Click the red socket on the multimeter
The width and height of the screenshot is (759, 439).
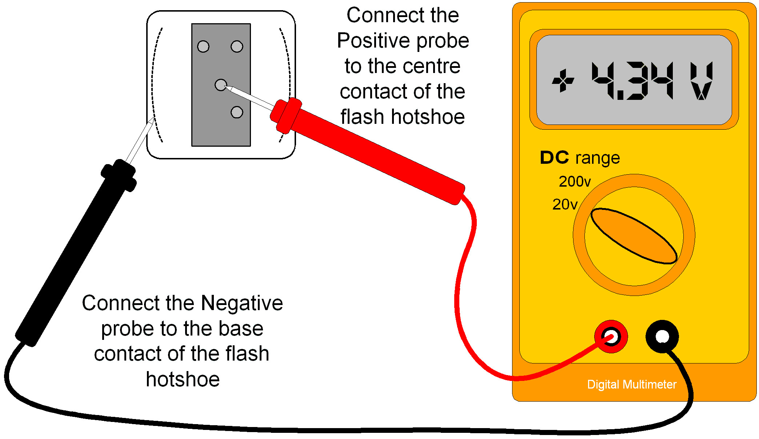point(611,337)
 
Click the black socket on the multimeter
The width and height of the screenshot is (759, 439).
point(662,337)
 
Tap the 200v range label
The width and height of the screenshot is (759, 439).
point(575,181)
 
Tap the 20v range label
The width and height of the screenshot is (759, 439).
point(565,204)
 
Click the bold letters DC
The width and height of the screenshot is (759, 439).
point(554,158)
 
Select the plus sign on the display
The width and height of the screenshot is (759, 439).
point(563,81)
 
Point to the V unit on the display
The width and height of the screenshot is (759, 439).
point(701,81)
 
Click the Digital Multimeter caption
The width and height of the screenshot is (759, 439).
point(632,385)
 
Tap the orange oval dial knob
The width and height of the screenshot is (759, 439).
point(634,236)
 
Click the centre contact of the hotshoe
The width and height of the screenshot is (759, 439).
point(220,85)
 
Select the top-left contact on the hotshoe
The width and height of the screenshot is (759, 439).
point(203,46)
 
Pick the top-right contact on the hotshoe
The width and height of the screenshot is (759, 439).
point(237,46)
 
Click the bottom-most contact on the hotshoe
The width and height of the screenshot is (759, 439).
point(237,112)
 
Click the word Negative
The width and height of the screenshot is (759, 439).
point(241,303)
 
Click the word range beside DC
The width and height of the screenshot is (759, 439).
point(598,158)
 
